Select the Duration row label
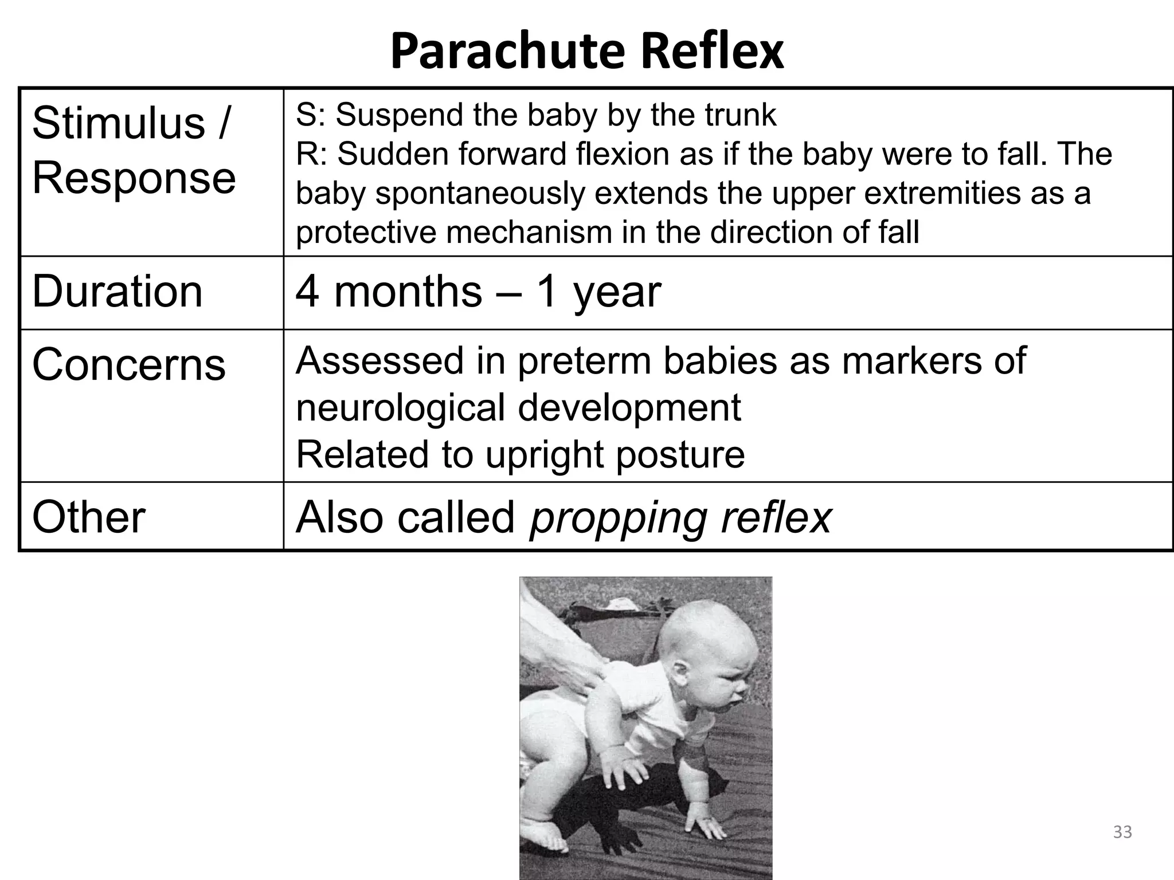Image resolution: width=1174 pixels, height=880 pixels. click(x=117, y=292)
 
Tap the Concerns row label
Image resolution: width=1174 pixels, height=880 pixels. click(x=128, y=365)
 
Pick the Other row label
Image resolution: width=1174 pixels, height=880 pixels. click(x=88, y=517)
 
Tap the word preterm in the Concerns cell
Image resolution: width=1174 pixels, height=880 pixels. click(x=585, y=362)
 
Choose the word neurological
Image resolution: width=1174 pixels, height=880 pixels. click(x=401, y=408)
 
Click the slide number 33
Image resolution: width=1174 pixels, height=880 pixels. click(x=1122, y=831)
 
